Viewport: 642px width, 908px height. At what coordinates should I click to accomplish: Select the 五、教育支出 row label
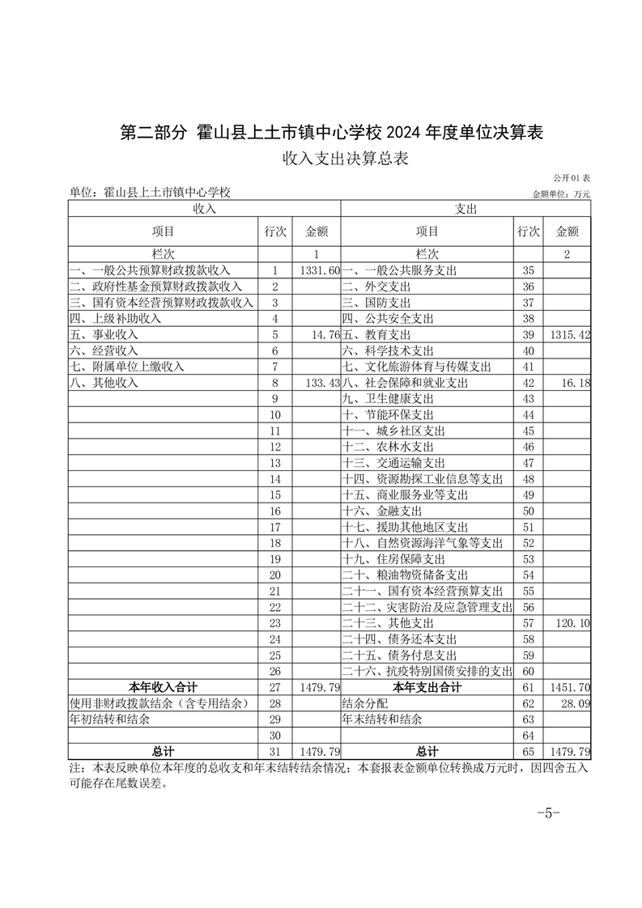pos(376,335)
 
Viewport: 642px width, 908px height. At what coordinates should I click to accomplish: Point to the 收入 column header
pos(204,210)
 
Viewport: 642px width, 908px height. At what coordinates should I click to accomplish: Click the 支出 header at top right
pos(466,210)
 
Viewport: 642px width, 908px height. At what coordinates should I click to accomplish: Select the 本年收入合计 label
pos(162,688)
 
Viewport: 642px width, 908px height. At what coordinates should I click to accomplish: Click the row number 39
pos(529,335)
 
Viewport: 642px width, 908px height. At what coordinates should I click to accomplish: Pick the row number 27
pos(275,688)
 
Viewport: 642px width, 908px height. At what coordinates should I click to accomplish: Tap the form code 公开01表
pos(572,178)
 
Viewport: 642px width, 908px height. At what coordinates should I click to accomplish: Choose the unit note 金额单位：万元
pos(561,194)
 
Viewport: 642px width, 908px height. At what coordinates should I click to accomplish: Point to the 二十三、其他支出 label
pos(399,624)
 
